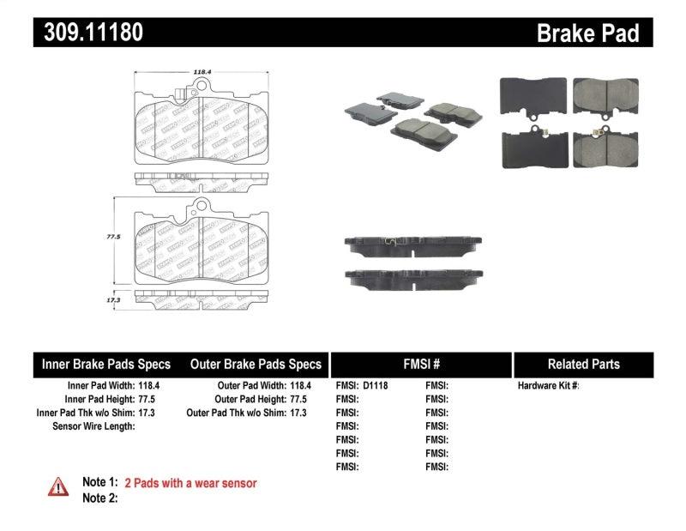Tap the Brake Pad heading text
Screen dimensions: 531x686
[x=587, y=33]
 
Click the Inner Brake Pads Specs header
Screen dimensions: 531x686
[x=106, y=364]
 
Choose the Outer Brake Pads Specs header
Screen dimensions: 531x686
[x=256, y=364]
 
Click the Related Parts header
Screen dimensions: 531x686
[x=583, y=364]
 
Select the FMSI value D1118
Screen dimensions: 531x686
[x=376, y=386]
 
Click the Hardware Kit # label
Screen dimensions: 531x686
[x=548, y=386]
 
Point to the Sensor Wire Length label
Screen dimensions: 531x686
[x=93, y=426]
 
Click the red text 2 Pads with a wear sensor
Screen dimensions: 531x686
[x=190, y=483]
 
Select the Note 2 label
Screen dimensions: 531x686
[x=99, y=498]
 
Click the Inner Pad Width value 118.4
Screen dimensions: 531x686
[x=147, y=386]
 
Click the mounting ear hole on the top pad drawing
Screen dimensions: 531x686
[x=202, y=86]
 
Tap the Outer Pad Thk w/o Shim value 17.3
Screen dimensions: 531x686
[x=296, y=413]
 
